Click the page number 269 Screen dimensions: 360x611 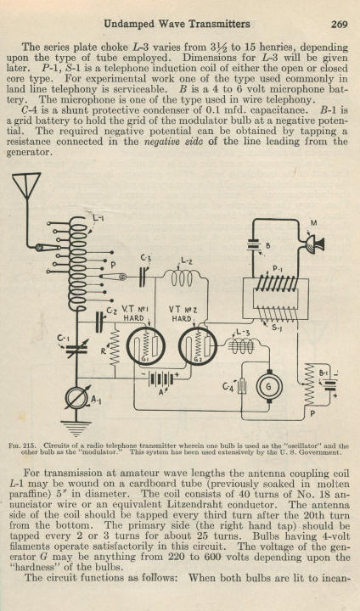pyautogui.click(x=339, y=24)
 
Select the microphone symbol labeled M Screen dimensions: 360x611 pyautogui.click(x=314, y=244)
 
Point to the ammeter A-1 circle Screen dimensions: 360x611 pyautogui.click(x=76, y=397)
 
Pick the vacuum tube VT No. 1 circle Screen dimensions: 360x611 pyautogui.click(x=146, y=346)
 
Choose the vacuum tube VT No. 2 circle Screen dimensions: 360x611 pyautogui.click(x=198, y=346)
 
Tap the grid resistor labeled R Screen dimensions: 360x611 pyautogui.click(x=115, y=348)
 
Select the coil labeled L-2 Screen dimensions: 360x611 pyautogui.click(x=182, y=278)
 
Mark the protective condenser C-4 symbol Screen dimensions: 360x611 pyautogui.click(x=242, y=386)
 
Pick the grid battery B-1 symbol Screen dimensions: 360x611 pyautogui.click(x=331, y=384)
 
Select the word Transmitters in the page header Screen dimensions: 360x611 pyautogui.click(x=220, y=24)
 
